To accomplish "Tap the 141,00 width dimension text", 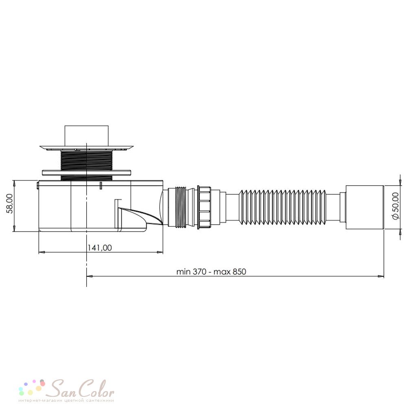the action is click(99, 247).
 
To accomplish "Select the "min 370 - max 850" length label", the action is click(211, 272).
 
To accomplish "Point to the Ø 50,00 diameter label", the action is click(395, 206).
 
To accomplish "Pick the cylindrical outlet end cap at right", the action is click(365, 207).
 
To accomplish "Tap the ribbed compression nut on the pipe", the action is click(204, 207).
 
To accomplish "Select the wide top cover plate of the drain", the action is click(87, 148).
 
